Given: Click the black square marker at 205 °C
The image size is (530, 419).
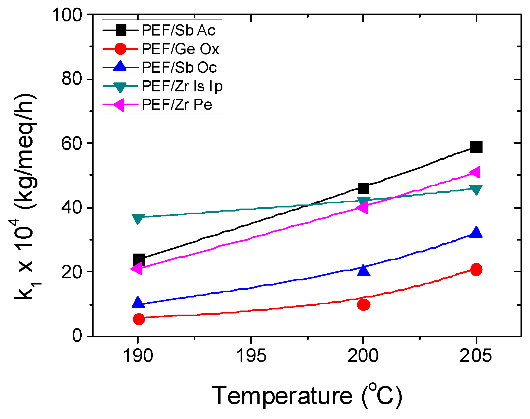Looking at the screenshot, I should pyautogui.click(x=476, y=147).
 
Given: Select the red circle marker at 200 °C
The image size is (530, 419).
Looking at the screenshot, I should pyautogui.click(x=363, y=305).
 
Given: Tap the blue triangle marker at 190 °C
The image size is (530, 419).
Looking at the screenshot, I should pyautogui.click(x=138, y=302).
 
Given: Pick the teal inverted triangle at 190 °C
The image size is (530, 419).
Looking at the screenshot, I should pyautogui.click(x=138, y=218).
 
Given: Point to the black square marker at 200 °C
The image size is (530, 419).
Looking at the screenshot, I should pyautogui.click(x=363, y=188).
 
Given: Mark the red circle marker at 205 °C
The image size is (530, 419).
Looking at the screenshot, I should pyautogui.click(x=476, y=269).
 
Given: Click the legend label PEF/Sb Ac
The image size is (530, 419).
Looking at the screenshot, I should pyautogui.click(x=178, y=30).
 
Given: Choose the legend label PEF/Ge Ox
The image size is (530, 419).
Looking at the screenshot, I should pyautogui.click(x=180, y=49).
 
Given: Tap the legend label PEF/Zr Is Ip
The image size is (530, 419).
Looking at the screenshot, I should pyautogui.click(x=182, y=86).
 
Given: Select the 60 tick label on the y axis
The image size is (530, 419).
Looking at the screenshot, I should pyautogui.click(x=72, y=143).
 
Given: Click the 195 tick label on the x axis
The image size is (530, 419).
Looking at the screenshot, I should pyautogui.click(x=251, y=356).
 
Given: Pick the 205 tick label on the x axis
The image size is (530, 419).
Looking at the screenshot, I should pyautogui.click(x=475, y=356).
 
